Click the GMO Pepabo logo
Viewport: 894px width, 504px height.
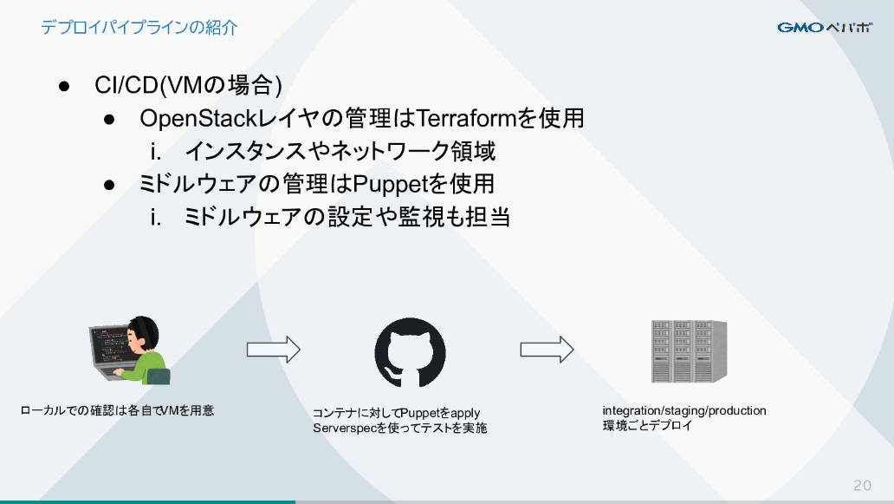[825, 28]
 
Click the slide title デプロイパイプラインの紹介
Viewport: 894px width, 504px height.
[139, 28]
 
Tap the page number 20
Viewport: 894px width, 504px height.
[862, 485]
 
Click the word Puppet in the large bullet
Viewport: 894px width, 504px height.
[390, 184]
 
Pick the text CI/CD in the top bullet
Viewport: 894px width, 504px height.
[126, 85]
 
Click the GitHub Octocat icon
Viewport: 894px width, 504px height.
[410, 352]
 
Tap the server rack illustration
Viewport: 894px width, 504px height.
[690, 351]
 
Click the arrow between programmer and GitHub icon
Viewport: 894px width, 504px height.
[273, 350]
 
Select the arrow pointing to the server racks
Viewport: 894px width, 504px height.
[547, 350]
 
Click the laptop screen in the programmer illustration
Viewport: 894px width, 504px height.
[109, 346]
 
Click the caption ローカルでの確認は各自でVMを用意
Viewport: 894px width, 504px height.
[117, 410]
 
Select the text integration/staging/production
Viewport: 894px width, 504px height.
[684, 410]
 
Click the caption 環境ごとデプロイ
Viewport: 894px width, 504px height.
[647, 425]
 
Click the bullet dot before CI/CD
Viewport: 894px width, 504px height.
[64, 87]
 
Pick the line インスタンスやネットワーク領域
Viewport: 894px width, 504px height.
[340, 151]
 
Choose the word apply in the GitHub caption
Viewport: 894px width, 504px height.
[465, 413]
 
